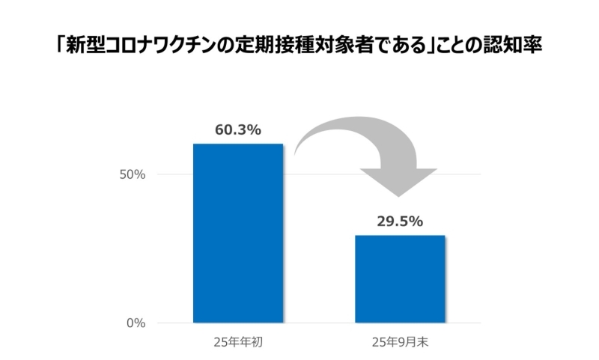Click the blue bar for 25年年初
click(238, 234)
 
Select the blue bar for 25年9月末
click(400, 279)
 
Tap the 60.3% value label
click(238, 129)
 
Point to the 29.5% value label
click(400, 222)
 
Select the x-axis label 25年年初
click(238, 344)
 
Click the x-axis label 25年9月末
click(400, 344)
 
